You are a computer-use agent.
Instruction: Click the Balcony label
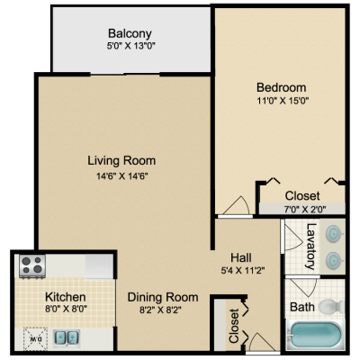coord(130,33)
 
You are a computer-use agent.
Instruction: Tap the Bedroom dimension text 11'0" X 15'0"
coord(283,101)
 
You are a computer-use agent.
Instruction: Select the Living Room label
coord(121,160)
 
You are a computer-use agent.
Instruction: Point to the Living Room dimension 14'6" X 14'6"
coord(122,176)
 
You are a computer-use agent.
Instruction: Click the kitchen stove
coord(32,265)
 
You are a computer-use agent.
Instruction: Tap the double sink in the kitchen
coord(67,338)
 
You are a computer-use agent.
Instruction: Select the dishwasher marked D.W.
coord(35,339)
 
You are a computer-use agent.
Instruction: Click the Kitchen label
coord(66,297)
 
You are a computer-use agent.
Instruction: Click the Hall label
coord(241,257)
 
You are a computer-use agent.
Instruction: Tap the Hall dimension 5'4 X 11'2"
coord(243,271)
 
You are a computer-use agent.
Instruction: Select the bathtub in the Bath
coord(315,336)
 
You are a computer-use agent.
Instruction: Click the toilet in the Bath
coord(331,306)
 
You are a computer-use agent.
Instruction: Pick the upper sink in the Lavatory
coord(334,234)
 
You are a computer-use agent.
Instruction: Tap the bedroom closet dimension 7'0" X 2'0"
coord(305,209)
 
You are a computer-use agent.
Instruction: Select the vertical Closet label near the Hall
coord(234,326)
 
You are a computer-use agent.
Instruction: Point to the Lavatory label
coord(310,247)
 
